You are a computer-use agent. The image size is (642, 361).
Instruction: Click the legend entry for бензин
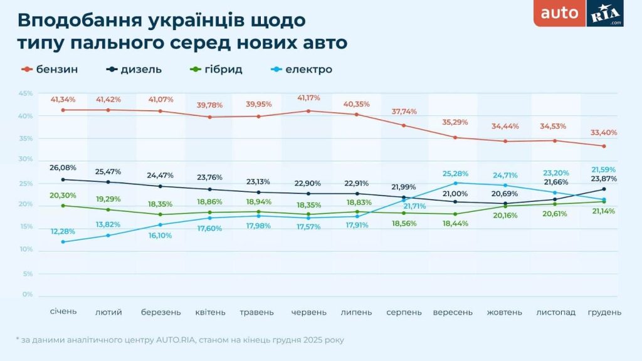[x=50, y=70]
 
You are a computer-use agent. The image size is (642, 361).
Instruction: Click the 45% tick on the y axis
[x=26, y=93]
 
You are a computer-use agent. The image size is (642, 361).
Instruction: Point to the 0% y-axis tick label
[x=28, y=295]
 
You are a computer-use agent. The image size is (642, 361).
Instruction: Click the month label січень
[x=63, y=312]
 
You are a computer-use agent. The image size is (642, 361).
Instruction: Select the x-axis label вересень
[x=453, y=312]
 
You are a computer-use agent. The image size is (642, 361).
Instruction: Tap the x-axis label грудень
[x=604, y=312]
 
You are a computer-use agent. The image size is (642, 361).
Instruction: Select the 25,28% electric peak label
[x=455, y=173]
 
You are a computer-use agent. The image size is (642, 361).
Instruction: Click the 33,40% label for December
[x=604, y=133]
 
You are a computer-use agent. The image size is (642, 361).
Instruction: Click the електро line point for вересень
[x=456, y=183]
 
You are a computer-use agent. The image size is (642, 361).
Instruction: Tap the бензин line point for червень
[x=308, y=111]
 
